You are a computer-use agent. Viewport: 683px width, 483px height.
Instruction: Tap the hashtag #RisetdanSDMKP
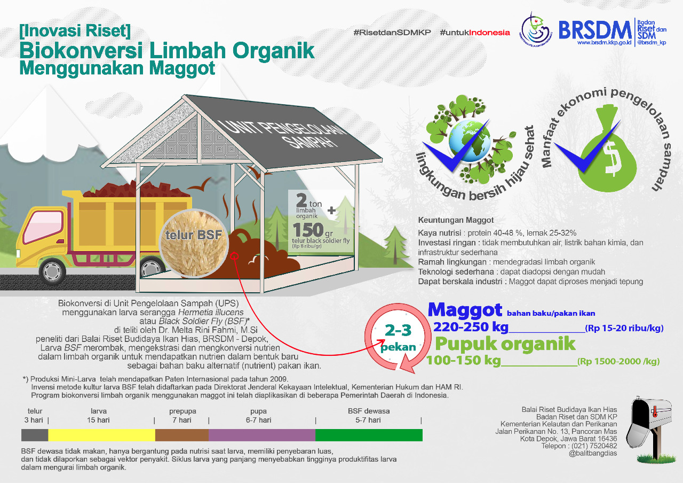[x=392, y=33]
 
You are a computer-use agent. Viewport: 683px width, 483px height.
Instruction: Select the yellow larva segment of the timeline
[x=101, y=435]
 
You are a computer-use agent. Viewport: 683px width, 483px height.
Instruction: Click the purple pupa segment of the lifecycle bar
[x=261, y=435]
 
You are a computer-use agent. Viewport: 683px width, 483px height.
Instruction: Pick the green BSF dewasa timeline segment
[x=369, y=435]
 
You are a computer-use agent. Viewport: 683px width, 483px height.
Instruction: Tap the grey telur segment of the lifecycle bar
[x=35, y=435]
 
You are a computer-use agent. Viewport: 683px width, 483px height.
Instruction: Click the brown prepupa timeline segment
[x=181, y=435]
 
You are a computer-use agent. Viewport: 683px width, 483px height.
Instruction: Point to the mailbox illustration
[x=650, y=430]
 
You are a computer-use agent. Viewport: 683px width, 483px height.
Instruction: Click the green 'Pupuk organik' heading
[x=505, y=344]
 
